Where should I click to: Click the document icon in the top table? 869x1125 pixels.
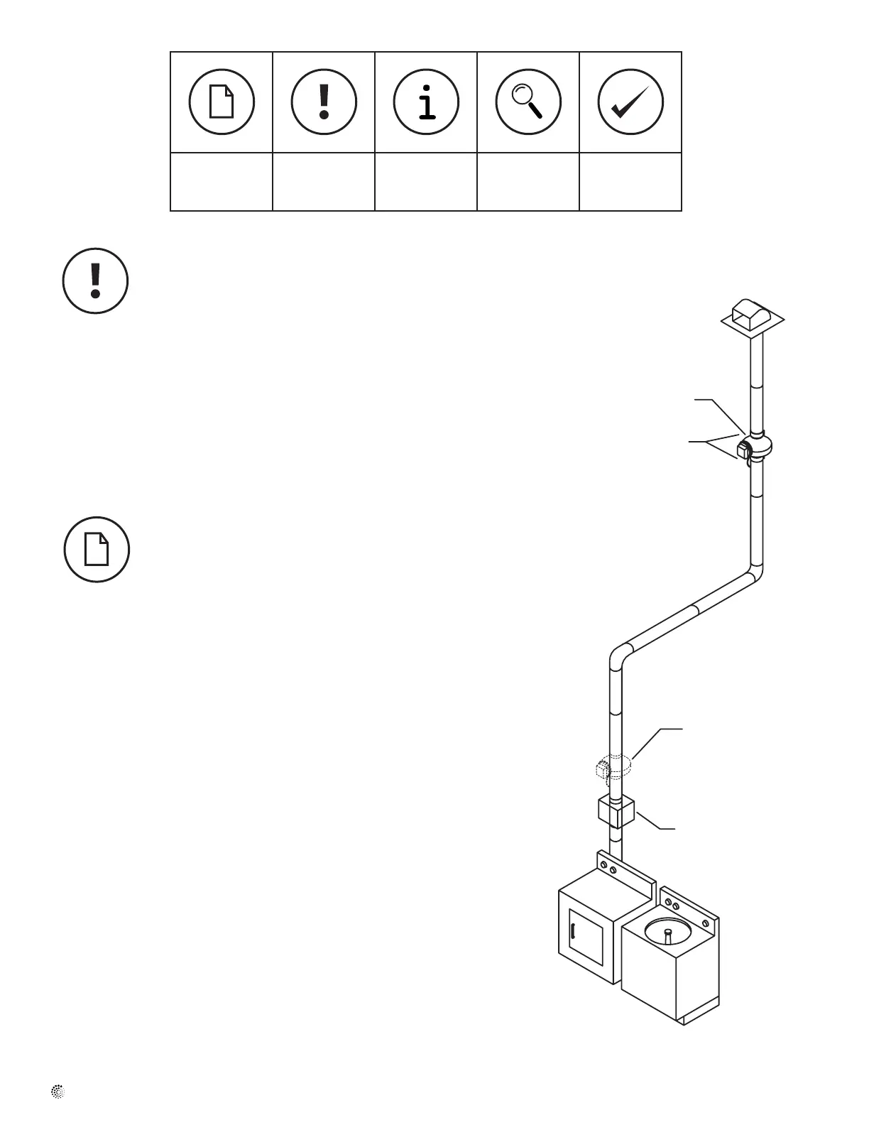[222, 102]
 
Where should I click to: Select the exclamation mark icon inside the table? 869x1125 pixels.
[324, 102]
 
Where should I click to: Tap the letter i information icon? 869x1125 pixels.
[426, 102]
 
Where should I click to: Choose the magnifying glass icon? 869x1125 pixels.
[528, 102]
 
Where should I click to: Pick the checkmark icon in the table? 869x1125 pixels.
[630, 102]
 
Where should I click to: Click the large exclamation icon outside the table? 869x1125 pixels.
[96, 281]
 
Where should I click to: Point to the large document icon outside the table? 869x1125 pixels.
[97, 550]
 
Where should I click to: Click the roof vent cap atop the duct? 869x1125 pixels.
[753, 317]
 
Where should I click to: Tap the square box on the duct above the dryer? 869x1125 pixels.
[616, 812]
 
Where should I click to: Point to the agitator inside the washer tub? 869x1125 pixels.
[667, 933]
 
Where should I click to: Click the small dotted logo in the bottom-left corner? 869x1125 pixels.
[58, 1092]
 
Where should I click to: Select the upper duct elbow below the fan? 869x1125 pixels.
[754, 572]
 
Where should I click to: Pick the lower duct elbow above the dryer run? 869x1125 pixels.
[619, 656]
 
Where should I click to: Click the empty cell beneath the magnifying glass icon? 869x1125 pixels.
[528, 182]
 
